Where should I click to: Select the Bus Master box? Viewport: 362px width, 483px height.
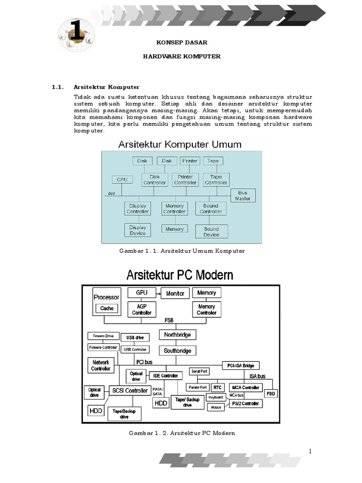click(x=243, y=195)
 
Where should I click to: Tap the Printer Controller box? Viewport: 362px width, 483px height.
click(x=185, y=180)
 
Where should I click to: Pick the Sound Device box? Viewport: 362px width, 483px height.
click(x=211, y=232)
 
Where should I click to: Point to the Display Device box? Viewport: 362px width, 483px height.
click(x=138, y=230)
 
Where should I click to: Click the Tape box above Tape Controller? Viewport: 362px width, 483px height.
click(x=213, y=161)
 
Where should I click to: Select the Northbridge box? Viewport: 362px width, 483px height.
click(x=177, y=335)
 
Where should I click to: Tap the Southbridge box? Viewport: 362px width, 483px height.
click(x=177, y=350)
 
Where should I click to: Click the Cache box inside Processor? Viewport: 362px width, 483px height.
click(x=107, y=308)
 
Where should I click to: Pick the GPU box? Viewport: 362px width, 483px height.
click(x=141, y=292)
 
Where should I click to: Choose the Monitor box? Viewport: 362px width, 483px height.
click(x=175, y=293)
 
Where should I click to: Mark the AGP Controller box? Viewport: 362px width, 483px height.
click(x=141, y=309)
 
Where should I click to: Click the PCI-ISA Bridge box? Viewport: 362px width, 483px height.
click(x=240, y=366)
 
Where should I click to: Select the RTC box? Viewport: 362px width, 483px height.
click(x=217, y=387)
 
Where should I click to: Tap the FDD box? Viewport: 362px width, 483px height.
click(x=271, y=393)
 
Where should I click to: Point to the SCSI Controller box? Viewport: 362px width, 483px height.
click(x=130, y=390)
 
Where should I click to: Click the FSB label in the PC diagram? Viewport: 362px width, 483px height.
click(x=168, y=320)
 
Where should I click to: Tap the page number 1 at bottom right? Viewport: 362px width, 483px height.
click(x=311, y=451)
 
